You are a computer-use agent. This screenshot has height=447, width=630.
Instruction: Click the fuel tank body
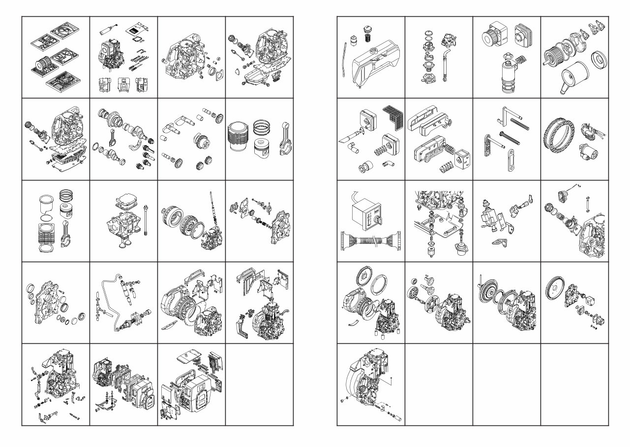coord(374,67)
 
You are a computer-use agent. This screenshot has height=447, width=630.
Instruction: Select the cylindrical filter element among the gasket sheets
coord(40,64)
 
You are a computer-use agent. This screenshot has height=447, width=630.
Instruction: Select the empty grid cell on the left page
coord(259,384)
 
